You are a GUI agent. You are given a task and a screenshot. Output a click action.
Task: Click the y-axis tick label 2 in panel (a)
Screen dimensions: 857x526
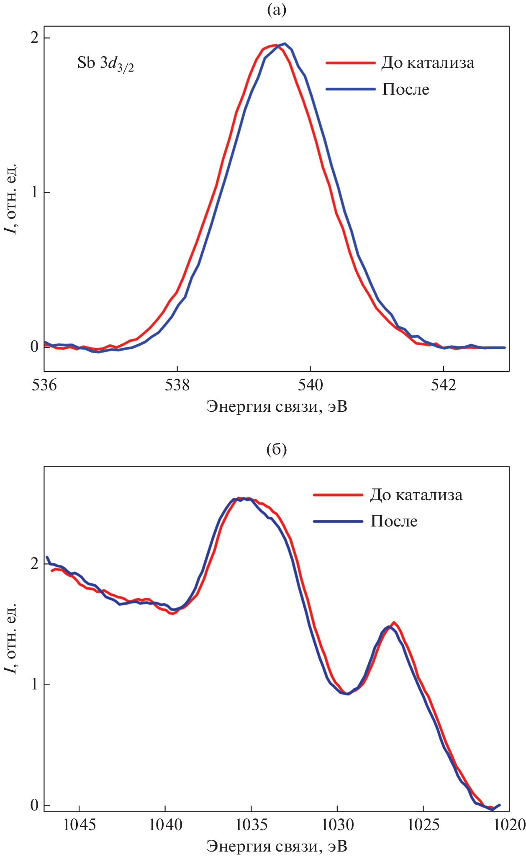[x=35, y=38]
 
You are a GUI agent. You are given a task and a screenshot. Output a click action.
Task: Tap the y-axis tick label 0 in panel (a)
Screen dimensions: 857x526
[x=35, y=347]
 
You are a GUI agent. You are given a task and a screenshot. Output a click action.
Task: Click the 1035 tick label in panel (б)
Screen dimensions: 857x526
[x=251, y=825]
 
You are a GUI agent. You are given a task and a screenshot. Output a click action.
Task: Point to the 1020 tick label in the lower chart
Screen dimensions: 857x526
[x=510, y=825]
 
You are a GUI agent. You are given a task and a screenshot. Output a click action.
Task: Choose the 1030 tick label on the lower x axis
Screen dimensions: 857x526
[x=337, y=825]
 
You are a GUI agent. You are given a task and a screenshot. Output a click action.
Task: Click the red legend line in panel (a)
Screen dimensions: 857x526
[x=350, y=63]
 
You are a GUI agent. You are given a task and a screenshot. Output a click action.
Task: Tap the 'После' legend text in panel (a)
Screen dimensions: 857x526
[x=405, y=89]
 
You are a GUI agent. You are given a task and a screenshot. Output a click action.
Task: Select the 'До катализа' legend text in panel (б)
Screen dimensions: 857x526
[x=416, y=495]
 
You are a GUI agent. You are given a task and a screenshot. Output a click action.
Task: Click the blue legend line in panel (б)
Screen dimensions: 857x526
[x=338, y=521]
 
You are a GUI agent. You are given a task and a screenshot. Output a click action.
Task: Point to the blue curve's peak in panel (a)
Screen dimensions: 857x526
[x=285, y=44]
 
